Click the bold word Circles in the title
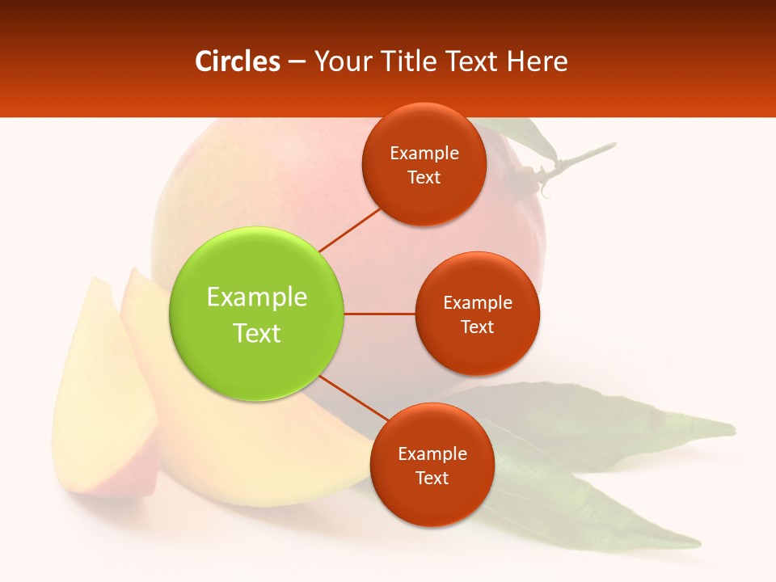237,61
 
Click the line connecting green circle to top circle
350,229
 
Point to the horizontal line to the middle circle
380,314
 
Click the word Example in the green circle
257,297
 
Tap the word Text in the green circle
257,333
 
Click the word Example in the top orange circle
424,154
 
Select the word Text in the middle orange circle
477,327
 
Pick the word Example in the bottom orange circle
432,454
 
